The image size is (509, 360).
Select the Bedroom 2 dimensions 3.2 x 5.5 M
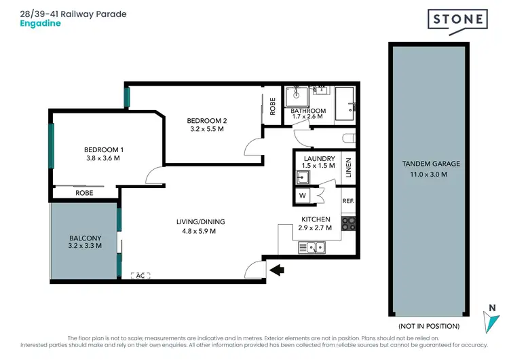(x=206, y=129)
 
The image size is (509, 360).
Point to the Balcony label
(x=86, y=238)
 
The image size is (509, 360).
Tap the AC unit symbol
(x=140, y=275)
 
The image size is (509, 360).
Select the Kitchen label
(x=316, y=219)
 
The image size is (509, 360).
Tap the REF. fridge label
(x=348, y=201)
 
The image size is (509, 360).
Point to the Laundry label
(x=316, y=160)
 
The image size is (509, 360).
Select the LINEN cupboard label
(x=348, y=166)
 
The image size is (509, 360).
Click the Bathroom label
(x=308, y=111)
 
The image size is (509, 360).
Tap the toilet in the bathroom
(x=348, y=138)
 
